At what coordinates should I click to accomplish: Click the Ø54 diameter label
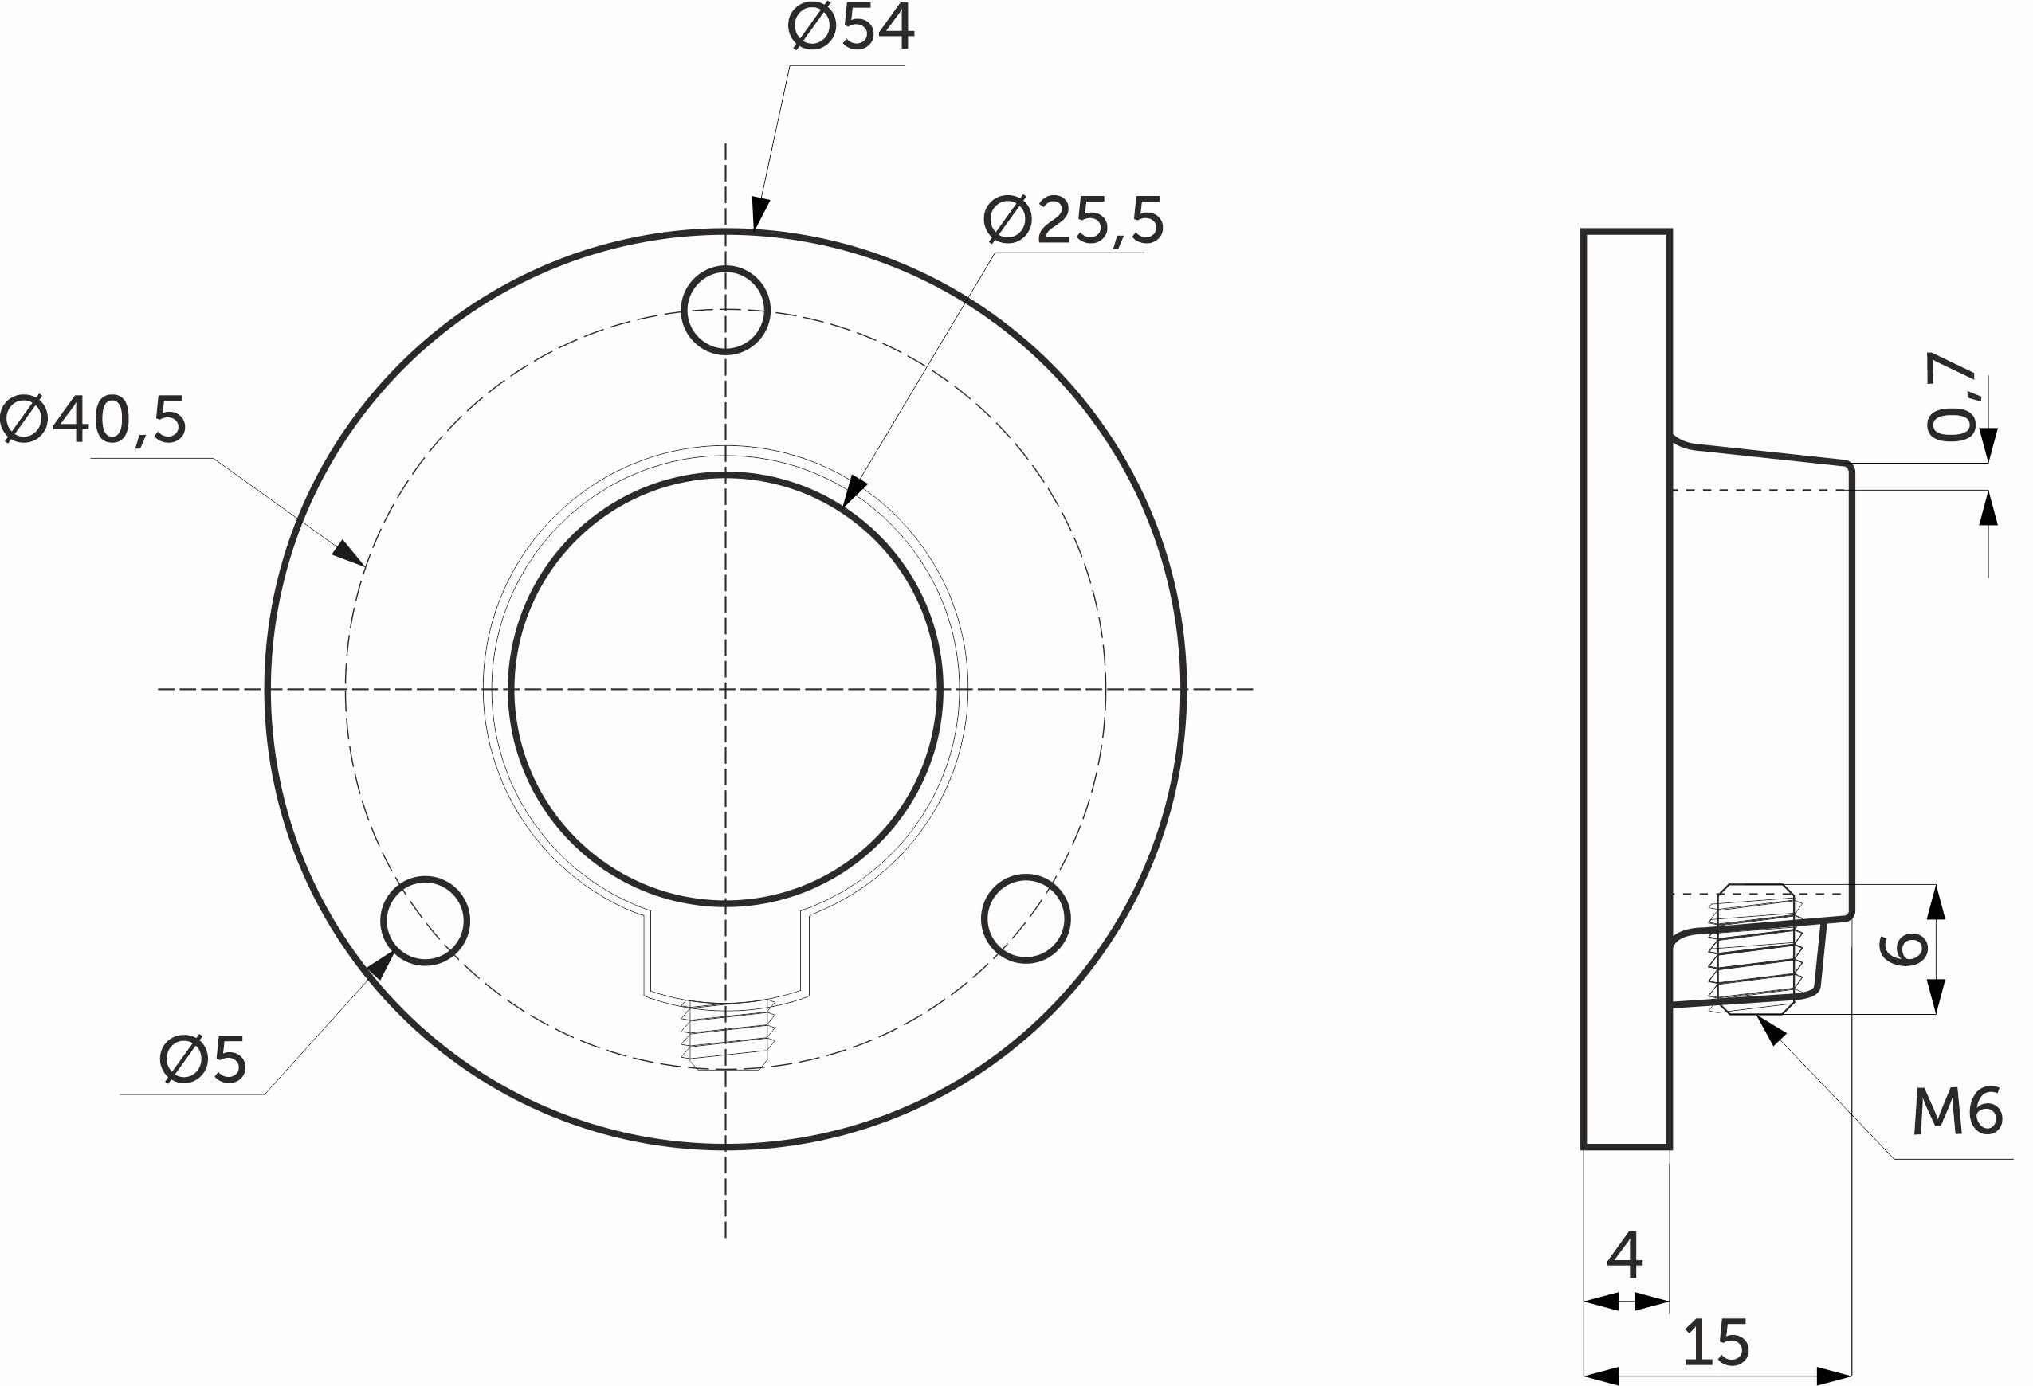point(850,27)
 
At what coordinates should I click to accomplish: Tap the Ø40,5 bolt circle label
point(93,420)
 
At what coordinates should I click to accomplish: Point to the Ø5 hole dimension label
point(203,1060)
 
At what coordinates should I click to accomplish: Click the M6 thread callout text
point(1958,1113)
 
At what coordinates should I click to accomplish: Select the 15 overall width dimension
point(1717,1342)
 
